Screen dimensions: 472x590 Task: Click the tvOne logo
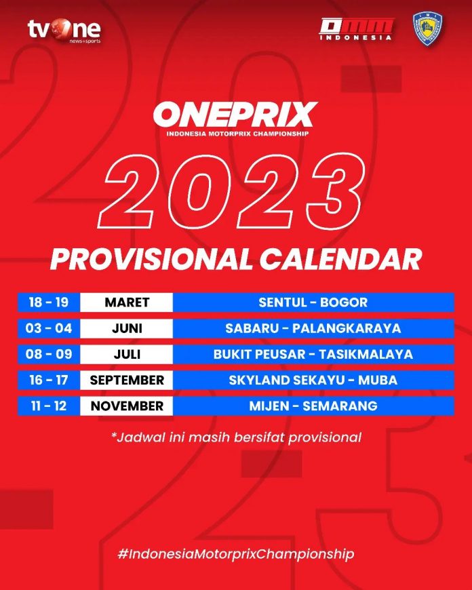click(64, 31)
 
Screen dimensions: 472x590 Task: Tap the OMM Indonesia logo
click(355, 29)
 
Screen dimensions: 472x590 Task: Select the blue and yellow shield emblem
click(428, 28)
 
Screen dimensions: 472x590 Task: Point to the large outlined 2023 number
click(231, 191)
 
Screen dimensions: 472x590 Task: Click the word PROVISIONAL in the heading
click(151, 259)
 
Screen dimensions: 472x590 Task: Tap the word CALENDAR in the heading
click(340, 259)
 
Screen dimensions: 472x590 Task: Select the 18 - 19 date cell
click(49, 302)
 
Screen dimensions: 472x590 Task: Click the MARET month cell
click(127, 302)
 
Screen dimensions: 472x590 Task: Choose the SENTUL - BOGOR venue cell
click(313, 302)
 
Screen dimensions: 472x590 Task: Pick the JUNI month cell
click(127, 328)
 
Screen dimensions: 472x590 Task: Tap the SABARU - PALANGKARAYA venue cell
click(313, 328)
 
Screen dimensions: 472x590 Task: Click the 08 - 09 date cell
click(49, 354)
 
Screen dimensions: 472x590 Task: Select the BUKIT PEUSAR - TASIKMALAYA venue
click(313, 354)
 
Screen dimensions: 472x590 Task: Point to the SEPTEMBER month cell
click(127, 380)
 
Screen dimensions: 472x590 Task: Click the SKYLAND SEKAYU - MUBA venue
click(313, 380)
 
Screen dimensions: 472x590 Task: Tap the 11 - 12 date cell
click(49, 406)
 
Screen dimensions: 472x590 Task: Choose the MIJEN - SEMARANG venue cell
click(313, 406)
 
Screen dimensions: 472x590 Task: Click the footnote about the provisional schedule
click(237, 437)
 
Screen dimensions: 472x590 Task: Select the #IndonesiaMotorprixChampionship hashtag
click(235, 554)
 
